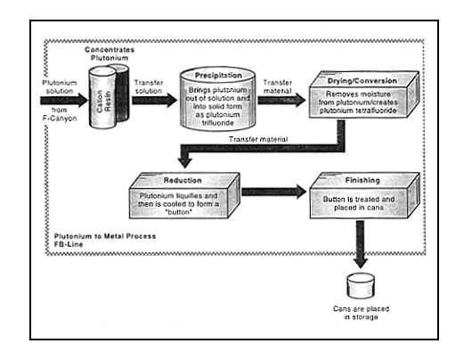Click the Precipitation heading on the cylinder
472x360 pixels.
point(218,76)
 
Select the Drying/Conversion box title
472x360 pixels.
point(362,81)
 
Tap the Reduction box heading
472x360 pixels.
point(183,181)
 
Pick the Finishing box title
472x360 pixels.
point(362,180)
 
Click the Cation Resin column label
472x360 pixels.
point(104,102)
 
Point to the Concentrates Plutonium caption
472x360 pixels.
point(110,53)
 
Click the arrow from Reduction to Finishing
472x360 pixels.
point(274,192)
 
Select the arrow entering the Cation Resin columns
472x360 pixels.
point(64,100)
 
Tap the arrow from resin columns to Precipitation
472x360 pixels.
point(154,100)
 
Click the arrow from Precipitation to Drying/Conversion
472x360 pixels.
point(281,100)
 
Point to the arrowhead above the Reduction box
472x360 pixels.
point(185,162)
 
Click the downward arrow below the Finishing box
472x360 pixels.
point(360,244)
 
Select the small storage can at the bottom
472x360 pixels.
point(361,285)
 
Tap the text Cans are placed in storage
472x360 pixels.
point(361,313)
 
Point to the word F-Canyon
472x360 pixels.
point(60,119)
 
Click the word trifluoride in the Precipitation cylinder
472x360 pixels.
point(218,123)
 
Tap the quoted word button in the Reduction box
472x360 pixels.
point(179,212)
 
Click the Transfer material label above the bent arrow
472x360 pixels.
point(258,139)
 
